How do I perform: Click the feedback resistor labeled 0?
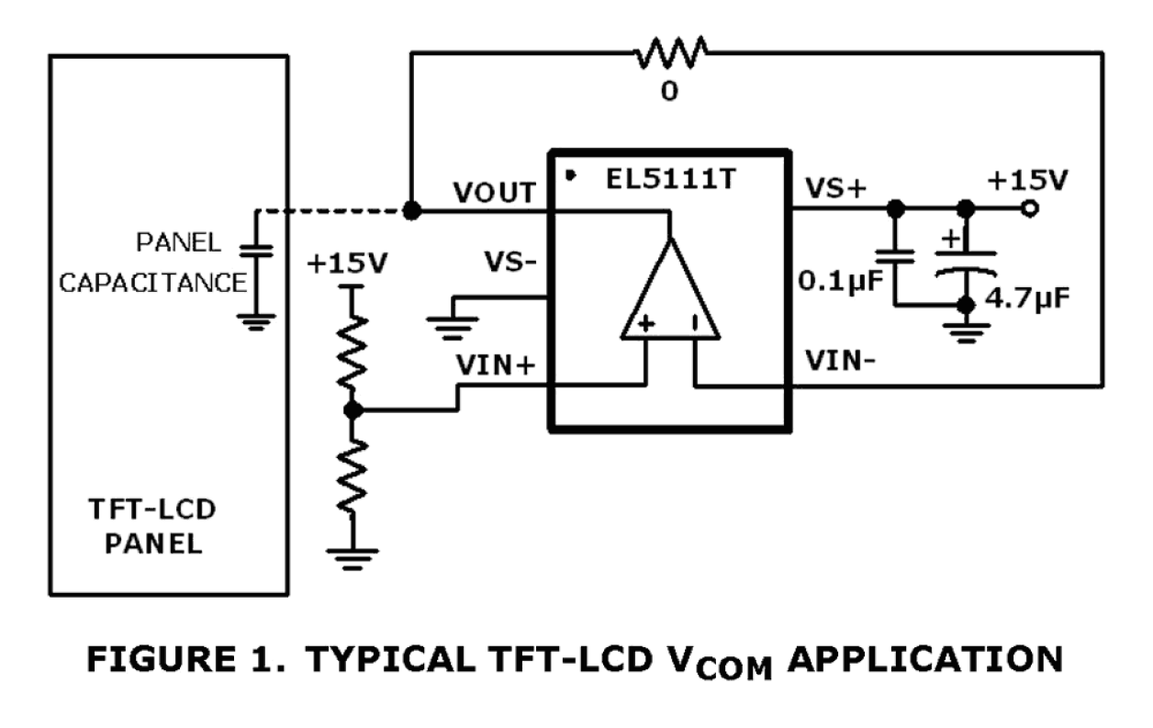pos(671,53)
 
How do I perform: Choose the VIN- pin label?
pos(840,361)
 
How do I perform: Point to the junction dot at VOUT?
pos(412,210)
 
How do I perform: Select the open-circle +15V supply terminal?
pos(1030,209)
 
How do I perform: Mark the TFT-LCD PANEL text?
pos(152,524)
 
